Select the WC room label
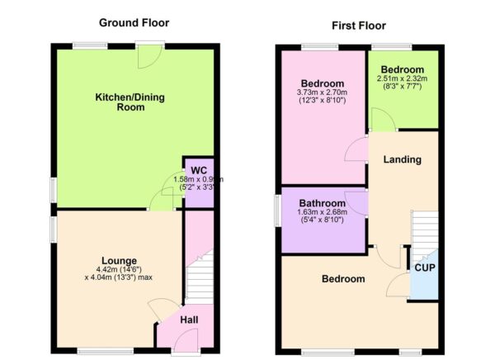tap(198, 170)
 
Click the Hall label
tap(189, 320)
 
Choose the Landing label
tap(402, 159)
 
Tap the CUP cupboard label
tap(425, 268)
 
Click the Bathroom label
tap(322, 203)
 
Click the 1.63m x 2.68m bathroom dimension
tap(323, 213)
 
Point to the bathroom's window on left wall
tap(279, 206)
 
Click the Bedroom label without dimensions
tap(342, 279)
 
